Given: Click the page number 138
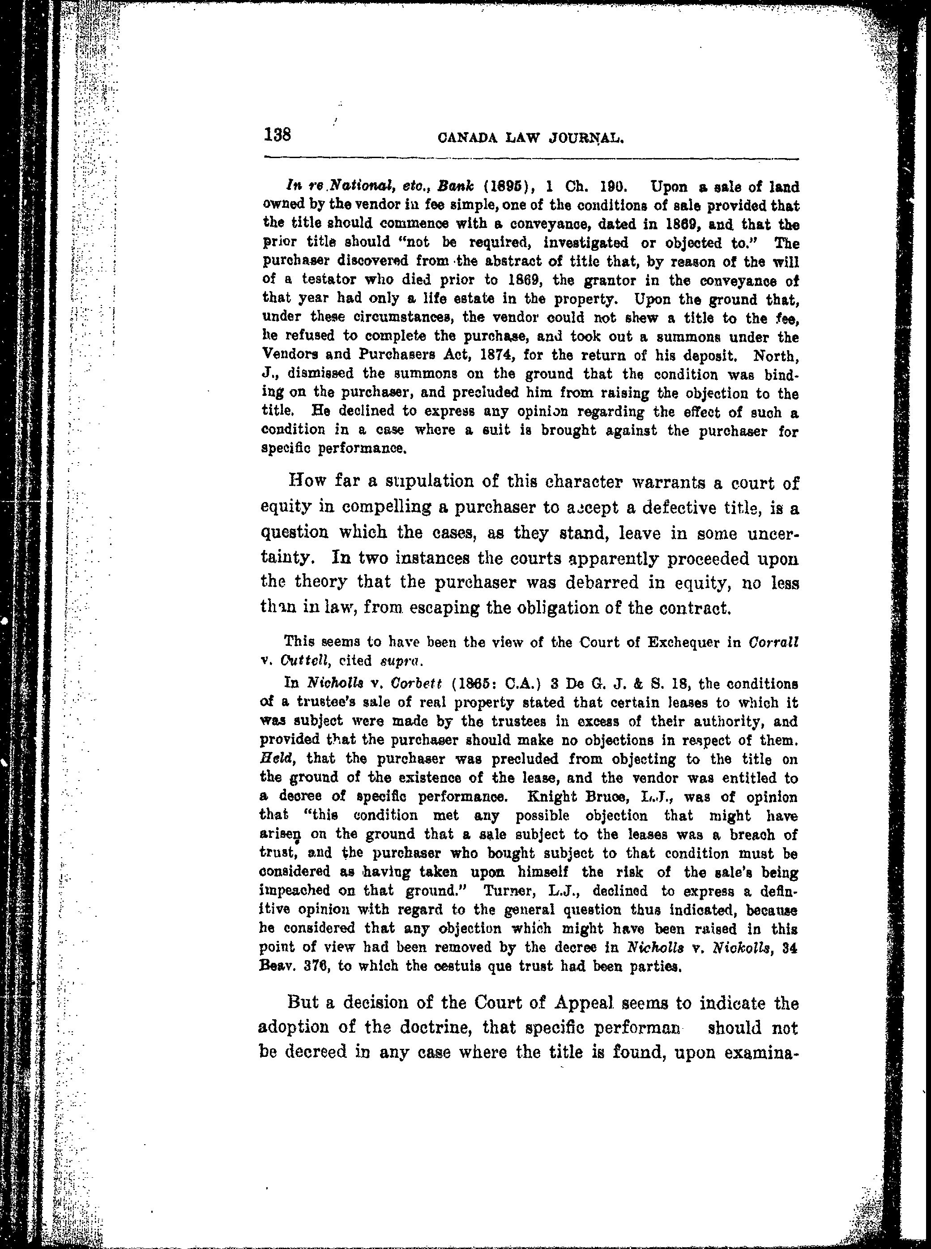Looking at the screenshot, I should pyautogui.click(x=277, y=135).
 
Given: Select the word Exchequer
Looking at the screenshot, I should pyautogui.click(x=692, y=642).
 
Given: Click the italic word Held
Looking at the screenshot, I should pyautogui.click(x=274, y=759).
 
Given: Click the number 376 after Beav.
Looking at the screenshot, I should pyautogui.click(x=319, y=966).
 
